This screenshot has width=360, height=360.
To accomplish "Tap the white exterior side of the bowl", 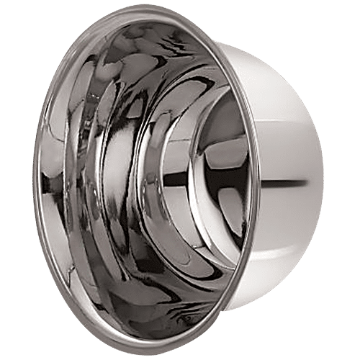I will (x=288, y=144).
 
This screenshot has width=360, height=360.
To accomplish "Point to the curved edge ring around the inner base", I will (x=189, y=180).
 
